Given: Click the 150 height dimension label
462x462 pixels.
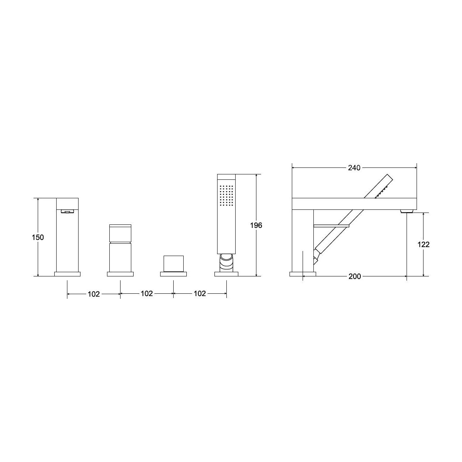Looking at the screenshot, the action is click(38, 238).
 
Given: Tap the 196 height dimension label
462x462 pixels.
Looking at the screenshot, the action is click(256, 225).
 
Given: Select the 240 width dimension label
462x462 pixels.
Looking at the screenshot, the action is click(354, 168).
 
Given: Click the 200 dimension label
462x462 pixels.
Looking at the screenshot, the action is click(355, 276).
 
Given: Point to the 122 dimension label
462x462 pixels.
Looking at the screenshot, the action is click(423, 244).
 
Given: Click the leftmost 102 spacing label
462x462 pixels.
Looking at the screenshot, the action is click(94, 294).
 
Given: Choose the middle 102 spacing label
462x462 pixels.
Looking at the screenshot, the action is click(147, 293).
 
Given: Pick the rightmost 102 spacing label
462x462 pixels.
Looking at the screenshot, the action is click(200, 293).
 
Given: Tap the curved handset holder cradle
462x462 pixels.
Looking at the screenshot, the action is click(226, 263).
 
